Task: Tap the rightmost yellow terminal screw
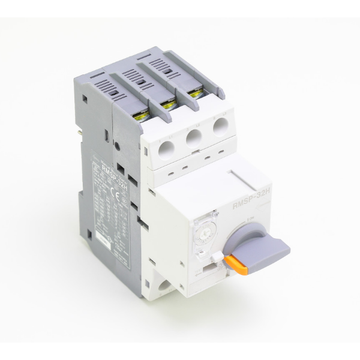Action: tap(194, 94)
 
